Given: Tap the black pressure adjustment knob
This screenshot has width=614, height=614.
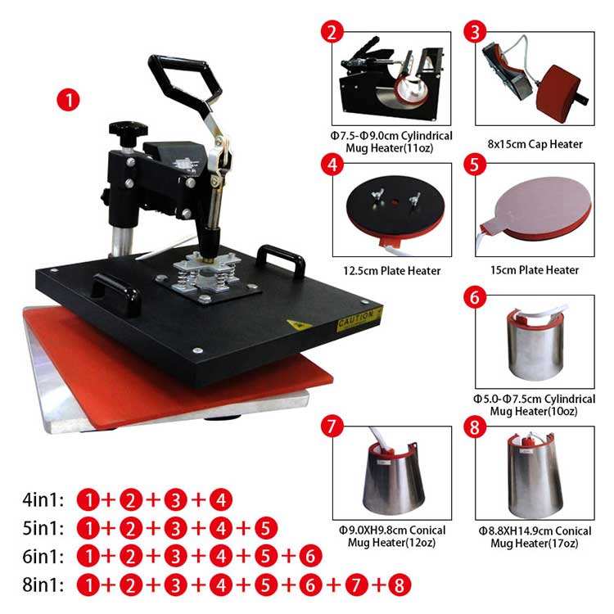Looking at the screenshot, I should coord(126,131).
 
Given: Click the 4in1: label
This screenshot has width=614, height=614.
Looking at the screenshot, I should coord(43,499).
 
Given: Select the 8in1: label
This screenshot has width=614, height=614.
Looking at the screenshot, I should coord(43,585).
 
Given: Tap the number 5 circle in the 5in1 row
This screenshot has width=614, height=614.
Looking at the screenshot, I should coord(266,528).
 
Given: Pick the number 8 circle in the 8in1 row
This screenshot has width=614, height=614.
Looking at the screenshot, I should coord(398,585).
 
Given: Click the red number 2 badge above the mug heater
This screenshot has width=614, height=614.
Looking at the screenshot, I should coord(332,32).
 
